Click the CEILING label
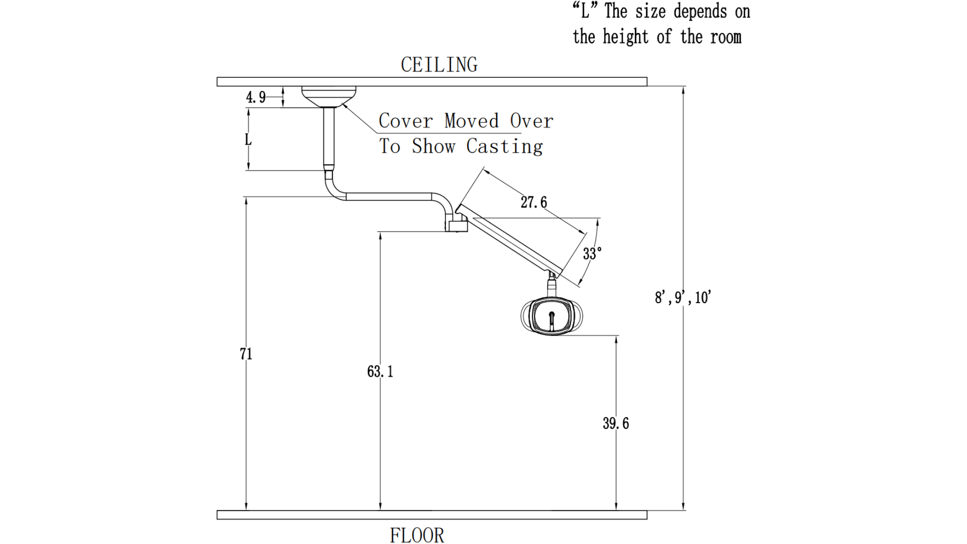pos(439,65)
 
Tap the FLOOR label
pos(417,535)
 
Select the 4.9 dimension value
pos(255,98)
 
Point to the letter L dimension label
pos(248,140)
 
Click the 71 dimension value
pos(246,354)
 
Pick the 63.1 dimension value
pos(380,371)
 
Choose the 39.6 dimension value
pos(615,424)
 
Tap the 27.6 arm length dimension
pos(534,202)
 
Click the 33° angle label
pos(592,253)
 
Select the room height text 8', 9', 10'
pos(683,297)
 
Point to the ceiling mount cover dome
pos(329,96)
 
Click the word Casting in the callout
pos(504,147)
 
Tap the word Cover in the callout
pos(405,121)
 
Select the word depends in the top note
pos(700,12)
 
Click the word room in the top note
pos(726,37)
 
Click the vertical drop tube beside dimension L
pos(329,138)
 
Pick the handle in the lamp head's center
pos(552,321)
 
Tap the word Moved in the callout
pos(471,121)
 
